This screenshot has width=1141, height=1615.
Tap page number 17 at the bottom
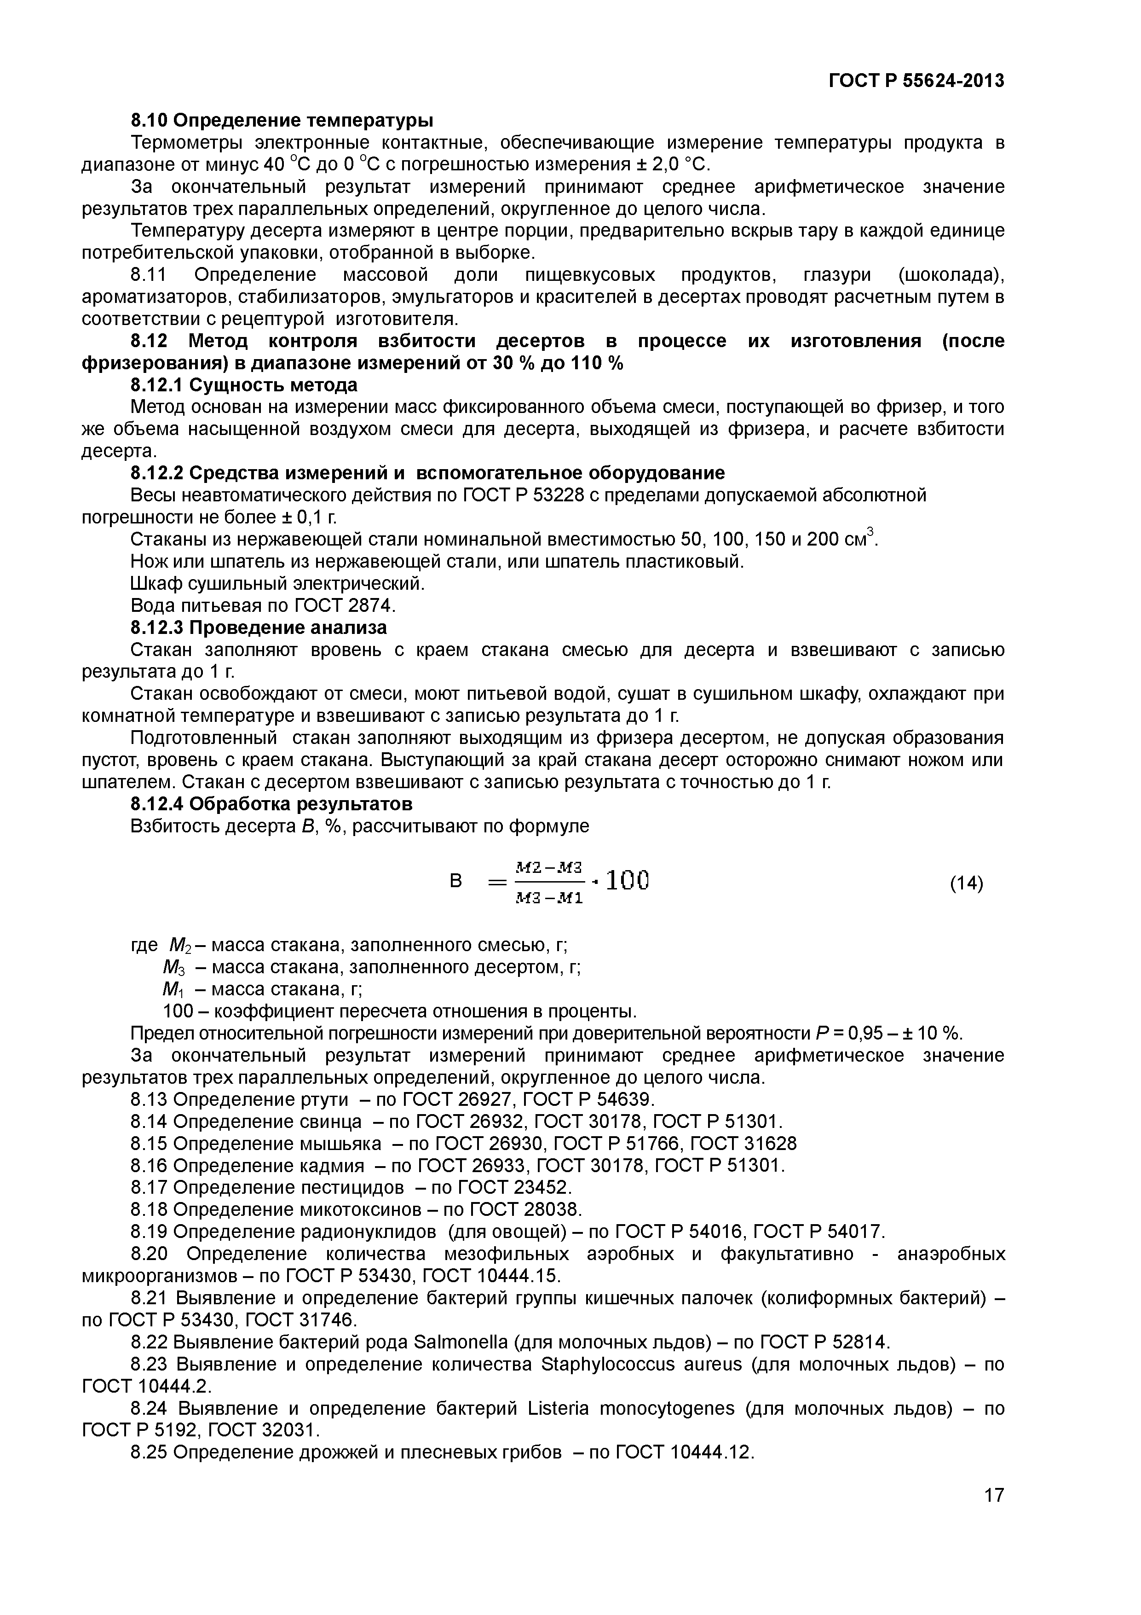[x=993, y=1515]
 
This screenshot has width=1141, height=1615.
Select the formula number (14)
[x=966, y=883]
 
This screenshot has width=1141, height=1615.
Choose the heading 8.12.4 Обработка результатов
[x=271, y=803]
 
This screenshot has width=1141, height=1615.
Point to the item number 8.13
[x=149, y=1099]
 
